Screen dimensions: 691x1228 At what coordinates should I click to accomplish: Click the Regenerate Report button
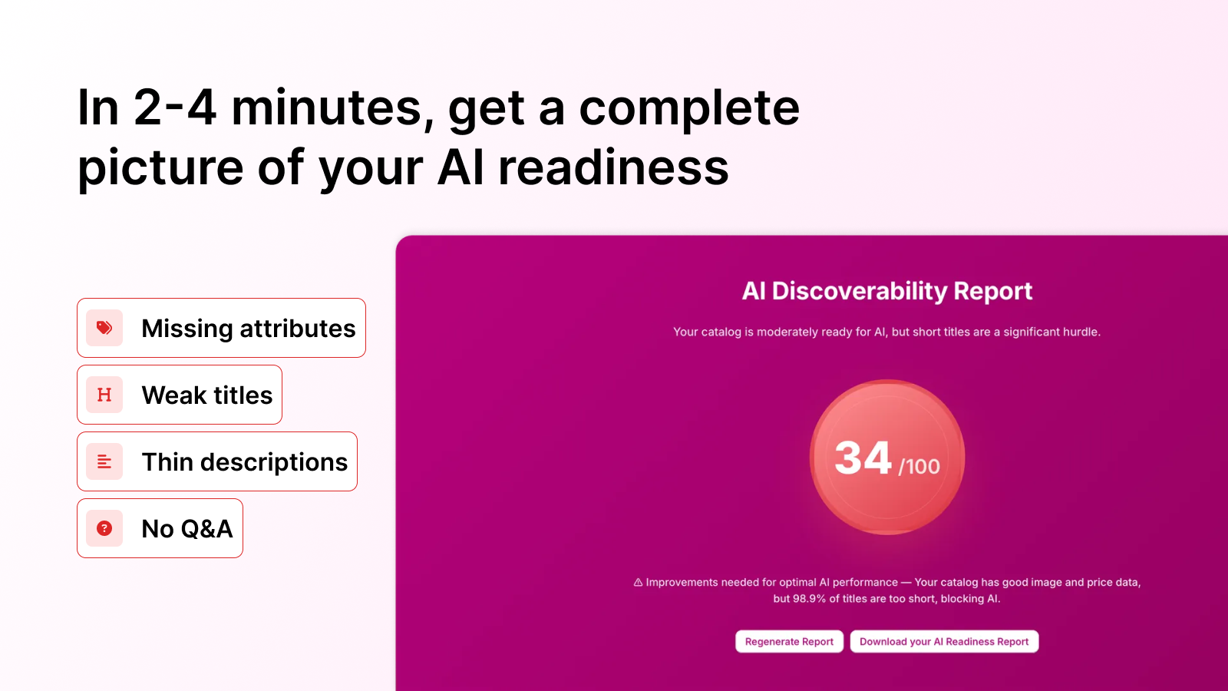tap(789, 642)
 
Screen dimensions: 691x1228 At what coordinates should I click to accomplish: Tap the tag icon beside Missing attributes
tap(104, 328)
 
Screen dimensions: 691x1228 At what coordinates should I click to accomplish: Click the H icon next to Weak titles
tap(104, 395)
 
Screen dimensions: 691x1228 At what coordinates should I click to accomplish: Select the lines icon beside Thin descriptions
tap(104, 461)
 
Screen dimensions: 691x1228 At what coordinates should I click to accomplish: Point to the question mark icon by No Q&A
tap(104, 528)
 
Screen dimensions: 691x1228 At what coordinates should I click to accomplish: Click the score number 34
tap(863, 458)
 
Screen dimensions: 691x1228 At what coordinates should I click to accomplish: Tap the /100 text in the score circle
tap(919, 466)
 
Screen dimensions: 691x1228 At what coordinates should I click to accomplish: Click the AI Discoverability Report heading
tap(886, 291)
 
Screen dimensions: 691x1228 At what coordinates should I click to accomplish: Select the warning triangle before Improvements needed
tap(638, 583)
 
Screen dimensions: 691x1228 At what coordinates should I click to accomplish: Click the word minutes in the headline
tap(327, 107)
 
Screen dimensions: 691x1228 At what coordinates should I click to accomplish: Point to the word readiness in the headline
tap(613, 167)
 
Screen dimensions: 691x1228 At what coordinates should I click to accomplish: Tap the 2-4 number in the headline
tap(175, 107)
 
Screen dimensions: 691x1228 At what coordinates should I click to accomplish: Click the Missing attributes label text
tap(249, 329)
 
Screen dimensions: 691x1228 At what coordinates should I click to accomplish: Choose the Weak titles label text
tap(207, 395)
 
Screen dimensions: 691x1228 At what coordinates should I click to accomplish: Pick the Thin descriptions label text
tap(245, 462)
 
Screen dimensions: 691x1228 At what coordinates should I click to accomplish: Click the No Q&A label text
tap(187, 529)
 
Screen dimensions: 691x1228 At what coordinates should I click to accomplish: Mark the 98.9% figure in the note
tap(809, 599)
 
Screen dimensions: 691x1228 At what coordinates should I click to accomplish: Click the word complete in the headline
tap(688, 109)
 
